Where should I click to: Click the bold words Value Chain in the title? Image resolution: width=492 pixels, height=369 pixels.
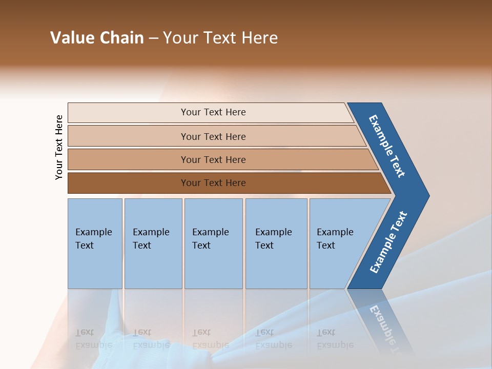click(x=97, y=38)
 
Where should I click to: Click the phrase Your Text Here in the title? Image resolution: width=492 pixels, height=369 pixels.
click(x=220, y=38)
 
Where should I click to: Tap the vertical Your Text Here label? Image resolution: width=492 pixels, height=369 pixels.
click(x=59, y=147)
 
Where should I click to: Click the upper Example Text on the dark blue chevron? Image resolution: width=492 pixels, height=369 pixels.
click(x=387, y=146)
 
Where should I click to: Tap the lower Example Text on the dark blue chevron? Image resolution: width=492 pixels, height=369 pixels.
click(x=388, y=242)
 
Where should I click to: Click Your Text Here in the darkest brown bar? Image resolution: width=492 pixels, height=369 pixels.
click(x=213, y=183)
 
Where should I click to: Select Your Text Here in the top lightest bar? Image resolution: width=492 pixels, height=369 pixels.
click(x=213, y=112)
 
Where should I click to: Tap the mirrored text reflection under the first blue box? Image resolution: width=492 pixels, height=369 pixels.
click(x=93, y=338)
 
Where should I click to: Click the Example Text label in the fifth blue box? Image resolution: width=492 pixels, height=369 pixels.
click(x=335, y=238)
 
